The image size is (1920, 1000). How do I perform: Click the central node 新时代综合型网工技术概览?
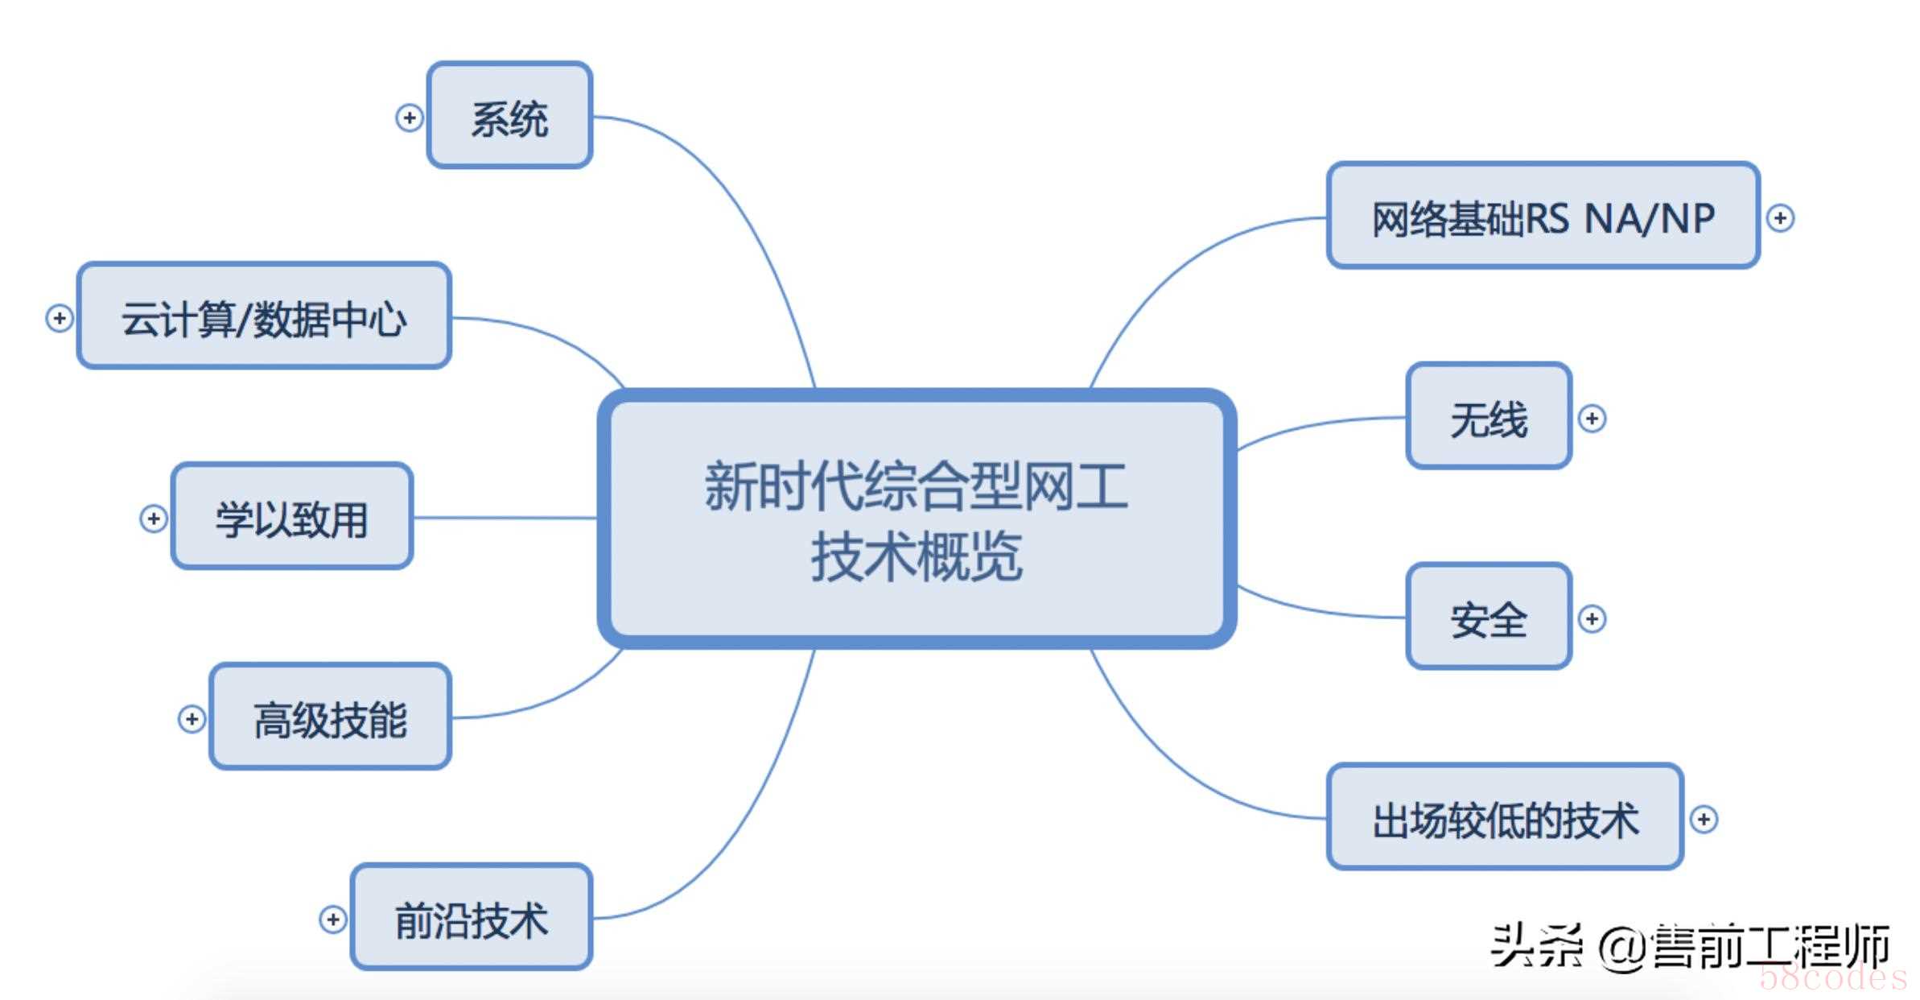tap(917, 519)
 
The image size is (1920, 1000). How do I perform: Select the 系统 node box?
tap(509, 115)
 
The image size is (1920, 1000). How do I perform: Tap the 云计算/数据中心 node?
tap(264, 316)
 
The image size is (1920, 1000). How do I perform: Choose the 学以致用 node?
tap(292, 516)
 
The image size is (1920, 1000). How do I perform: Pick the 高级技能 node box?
tap(330, 717)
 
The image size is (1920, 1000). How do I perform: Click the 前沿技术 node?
tap(472, 917)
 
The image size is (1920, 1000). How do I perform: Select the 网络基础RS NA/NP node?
tap(1543, 215)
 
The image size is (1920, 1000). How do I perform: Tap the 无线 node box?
tap(1489, 415)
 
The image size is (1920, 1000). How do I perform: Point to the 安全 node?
tap(1489, 616)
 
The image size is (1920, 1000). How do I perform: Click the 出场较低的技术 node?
tap(1505, 816)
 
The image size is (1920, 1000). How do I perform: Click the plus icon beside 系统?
tap(409, 118)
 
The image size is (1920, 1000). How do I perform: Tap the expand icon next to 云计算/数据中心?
tap(59, 318)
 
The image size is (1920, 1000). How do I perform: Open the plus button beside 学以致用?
tap(153, 519)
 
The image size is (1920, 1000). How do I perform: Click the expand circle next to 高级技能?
tap(192, 719)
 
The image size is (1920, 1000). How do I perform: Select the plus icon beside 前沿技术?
tap(332, 919)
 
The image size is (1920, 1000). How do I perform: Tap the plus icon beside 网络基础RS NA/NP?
tap(1780, 217)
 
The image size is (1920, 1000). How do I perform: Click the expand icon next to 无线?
tap(1592, 418)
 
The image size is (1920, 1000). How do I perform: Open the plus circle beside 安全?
tap(1592, 618)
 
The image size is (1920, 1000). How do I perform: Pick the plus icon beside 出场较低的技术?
tap(1704, 819)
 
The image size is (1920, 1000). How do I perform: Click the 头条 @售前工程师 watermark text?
tap(1690, 946)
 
